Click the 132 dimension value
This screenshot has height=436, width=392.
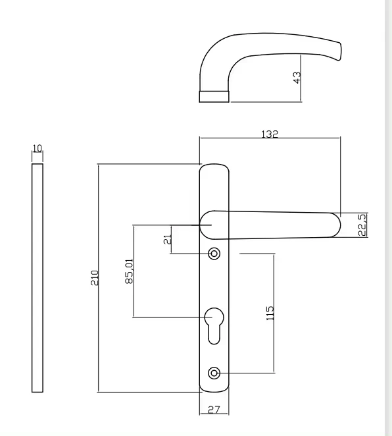coord(270,134)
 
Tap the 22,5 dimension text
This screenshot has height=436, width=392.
coord(362,225)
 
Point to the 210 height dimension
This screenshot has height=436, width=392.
coord(94,277)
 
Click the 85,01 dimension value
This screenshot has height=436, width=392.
coord(129,271)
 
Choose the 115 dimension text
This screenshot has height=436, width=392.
coord(270,312)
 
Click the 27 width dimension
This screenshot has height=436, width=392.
coord(214,410)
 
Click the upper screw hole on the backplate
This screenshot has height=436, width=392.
coord(214,254)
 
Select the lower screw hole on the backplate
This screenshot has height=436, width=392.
coord(214,373)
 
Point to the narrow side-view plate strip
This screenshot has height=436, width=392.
coord(37,277)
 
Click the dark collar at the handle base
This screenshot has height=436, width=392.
coord(214,96)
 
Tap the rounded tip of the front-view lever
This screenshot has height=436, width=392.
coord(334,225)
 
